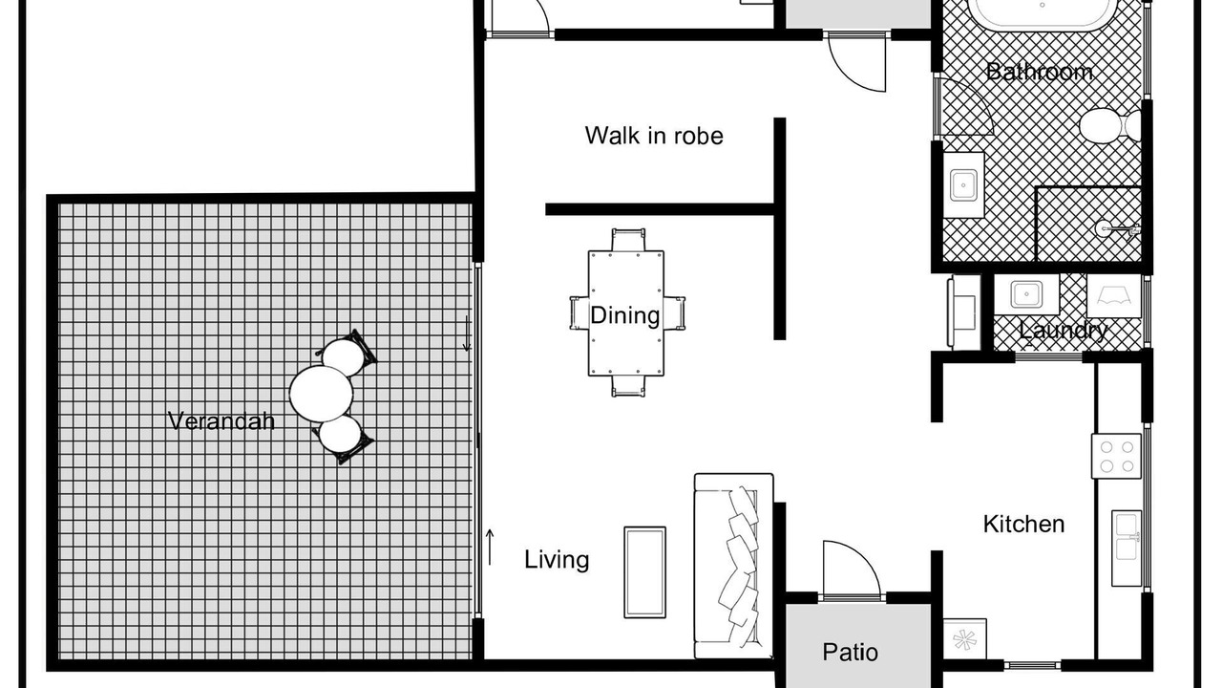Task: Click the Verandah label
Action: click(x=221, y=421)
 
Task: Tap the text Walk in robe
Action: click(x=654, y=136)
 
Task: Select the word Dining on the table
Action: click(x=625, y=315)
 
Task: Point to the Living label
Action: click(x=557, y=560)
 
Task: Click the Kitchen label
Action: click(x=1024, y=525)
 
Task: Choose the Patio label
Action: click(x=850, y=652)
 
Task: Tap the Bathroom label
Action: click(x=1040, y=72)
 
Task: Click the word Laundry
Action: click(x=1064, y=331)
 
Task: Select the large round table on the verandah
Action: click(x=321, y=394)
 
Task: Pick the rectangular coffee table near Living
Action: click(x=644, y=572)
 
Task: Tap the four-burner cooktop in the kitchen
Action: click(x=1116, y=456)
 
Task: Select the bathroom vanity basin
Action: click(x=964, y=185)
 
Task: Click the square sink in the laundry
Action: click(x=1026, y=294)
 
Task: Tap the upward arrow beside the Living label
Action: click(x=490, y=548)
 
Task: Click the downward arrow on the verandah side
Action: click(x=467, y=333)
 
